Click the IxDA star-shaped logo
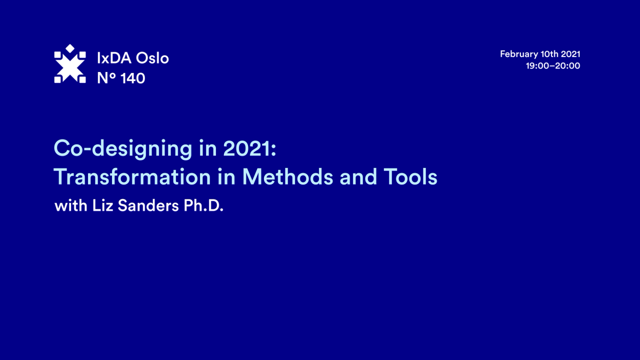pos(70,64)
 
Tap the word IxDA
pos(114,58)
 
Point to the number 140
pos(133,78)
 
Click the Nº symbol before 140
pos(106,78)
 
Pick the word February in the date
pos(518,54)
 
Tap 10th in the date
pos(549,54)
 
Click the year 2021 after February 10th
pos(570,54)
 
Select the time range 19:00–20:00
pos(553,65)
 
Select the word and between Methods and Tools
pos(358,177)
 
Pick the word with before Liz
pos(69,206)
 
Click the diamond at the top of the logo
pos(70,48)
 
